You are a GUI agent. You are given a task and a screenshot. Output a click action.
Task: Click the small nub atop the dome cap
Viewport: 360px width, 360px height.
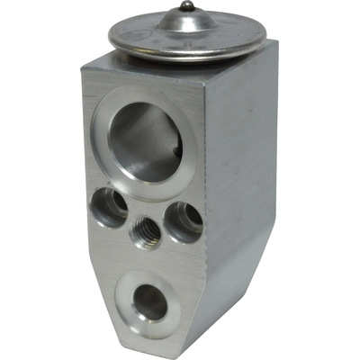point(184,7)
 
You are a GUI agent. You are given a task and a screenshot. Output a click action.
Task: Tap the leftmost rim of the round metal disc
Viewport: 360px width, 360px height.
point(110,36)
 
